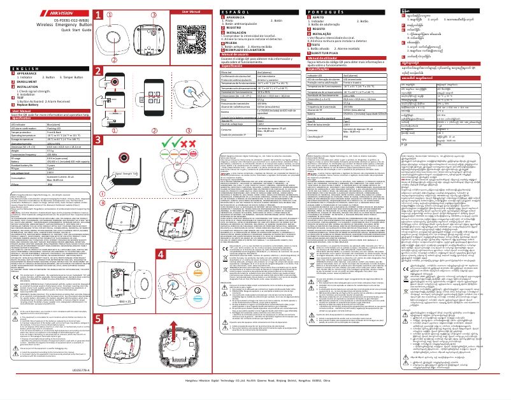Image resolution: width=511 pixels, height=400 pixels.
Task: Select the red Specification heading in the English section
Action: pos(23,118)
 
